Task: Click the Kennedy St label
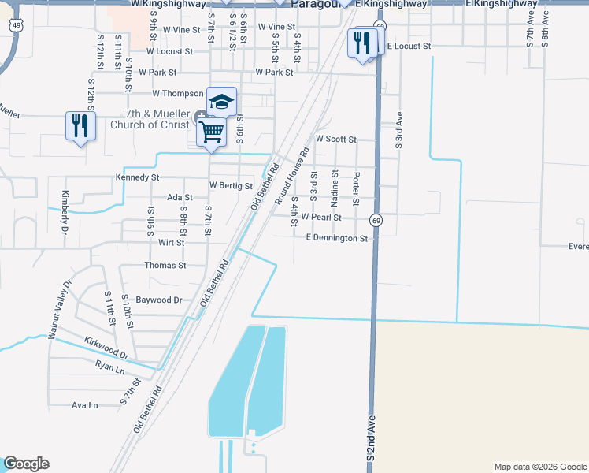point(138,177)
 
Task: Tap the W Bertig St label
point(230,186)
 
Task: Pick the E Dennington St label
point(336,237)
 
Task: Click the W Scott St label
point(335,139)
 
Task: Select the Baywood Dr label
point(159,300)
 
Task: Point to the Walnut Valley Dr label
point(59,309)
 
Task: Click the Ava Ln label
point(84,405)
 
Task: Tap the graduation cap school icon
point(222,102)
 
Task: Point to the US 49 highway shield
point(17,26)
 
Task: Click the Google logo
point(26,464)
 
